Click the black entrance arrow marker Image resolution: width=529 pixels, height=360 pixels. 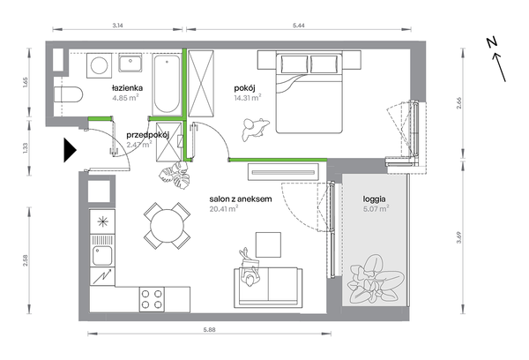pos(70,150)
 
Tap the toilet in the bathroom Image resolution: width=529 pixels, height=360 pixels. pos(69,94)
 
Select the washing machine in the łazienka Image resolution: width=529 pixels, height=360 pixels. pos(99,65)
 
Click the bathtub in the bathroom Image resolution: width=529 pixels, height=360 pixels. pos(167,85)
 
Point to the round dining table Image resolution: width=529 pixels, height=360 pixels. pos(167,225)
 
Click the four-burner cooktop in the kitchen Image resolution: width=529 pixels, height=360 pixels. pos(152,299)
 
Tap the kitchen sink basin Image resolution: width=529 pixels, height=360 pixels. pos(102,256)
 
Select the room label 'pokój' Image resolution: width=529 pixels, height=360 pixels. pos(244,88)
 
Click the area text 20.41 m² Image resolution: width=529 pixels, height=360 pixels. pos(224,209)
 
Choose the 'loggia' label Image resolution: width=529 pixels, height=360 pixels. pos(374,199)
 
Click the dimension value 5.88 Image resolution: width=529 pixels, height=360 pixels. pos(209,330)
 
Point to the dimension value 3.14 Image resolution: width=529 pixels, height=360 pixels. pos(117,25)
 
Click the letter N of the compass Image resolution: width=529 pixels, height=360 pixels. pos(492,42)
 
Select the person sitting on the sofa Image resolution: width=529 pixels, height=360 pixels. pos(250,269)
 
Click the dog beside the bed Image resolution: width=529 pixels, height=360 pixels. pos(255,129)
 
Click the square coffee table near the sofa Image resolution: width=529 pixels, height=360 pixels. pos(268,244)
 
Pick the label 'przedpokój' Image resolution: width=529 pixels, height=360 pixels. pos(147,135)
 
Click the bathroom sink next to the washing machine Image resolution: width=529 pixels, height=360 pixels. pos(130,64)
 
